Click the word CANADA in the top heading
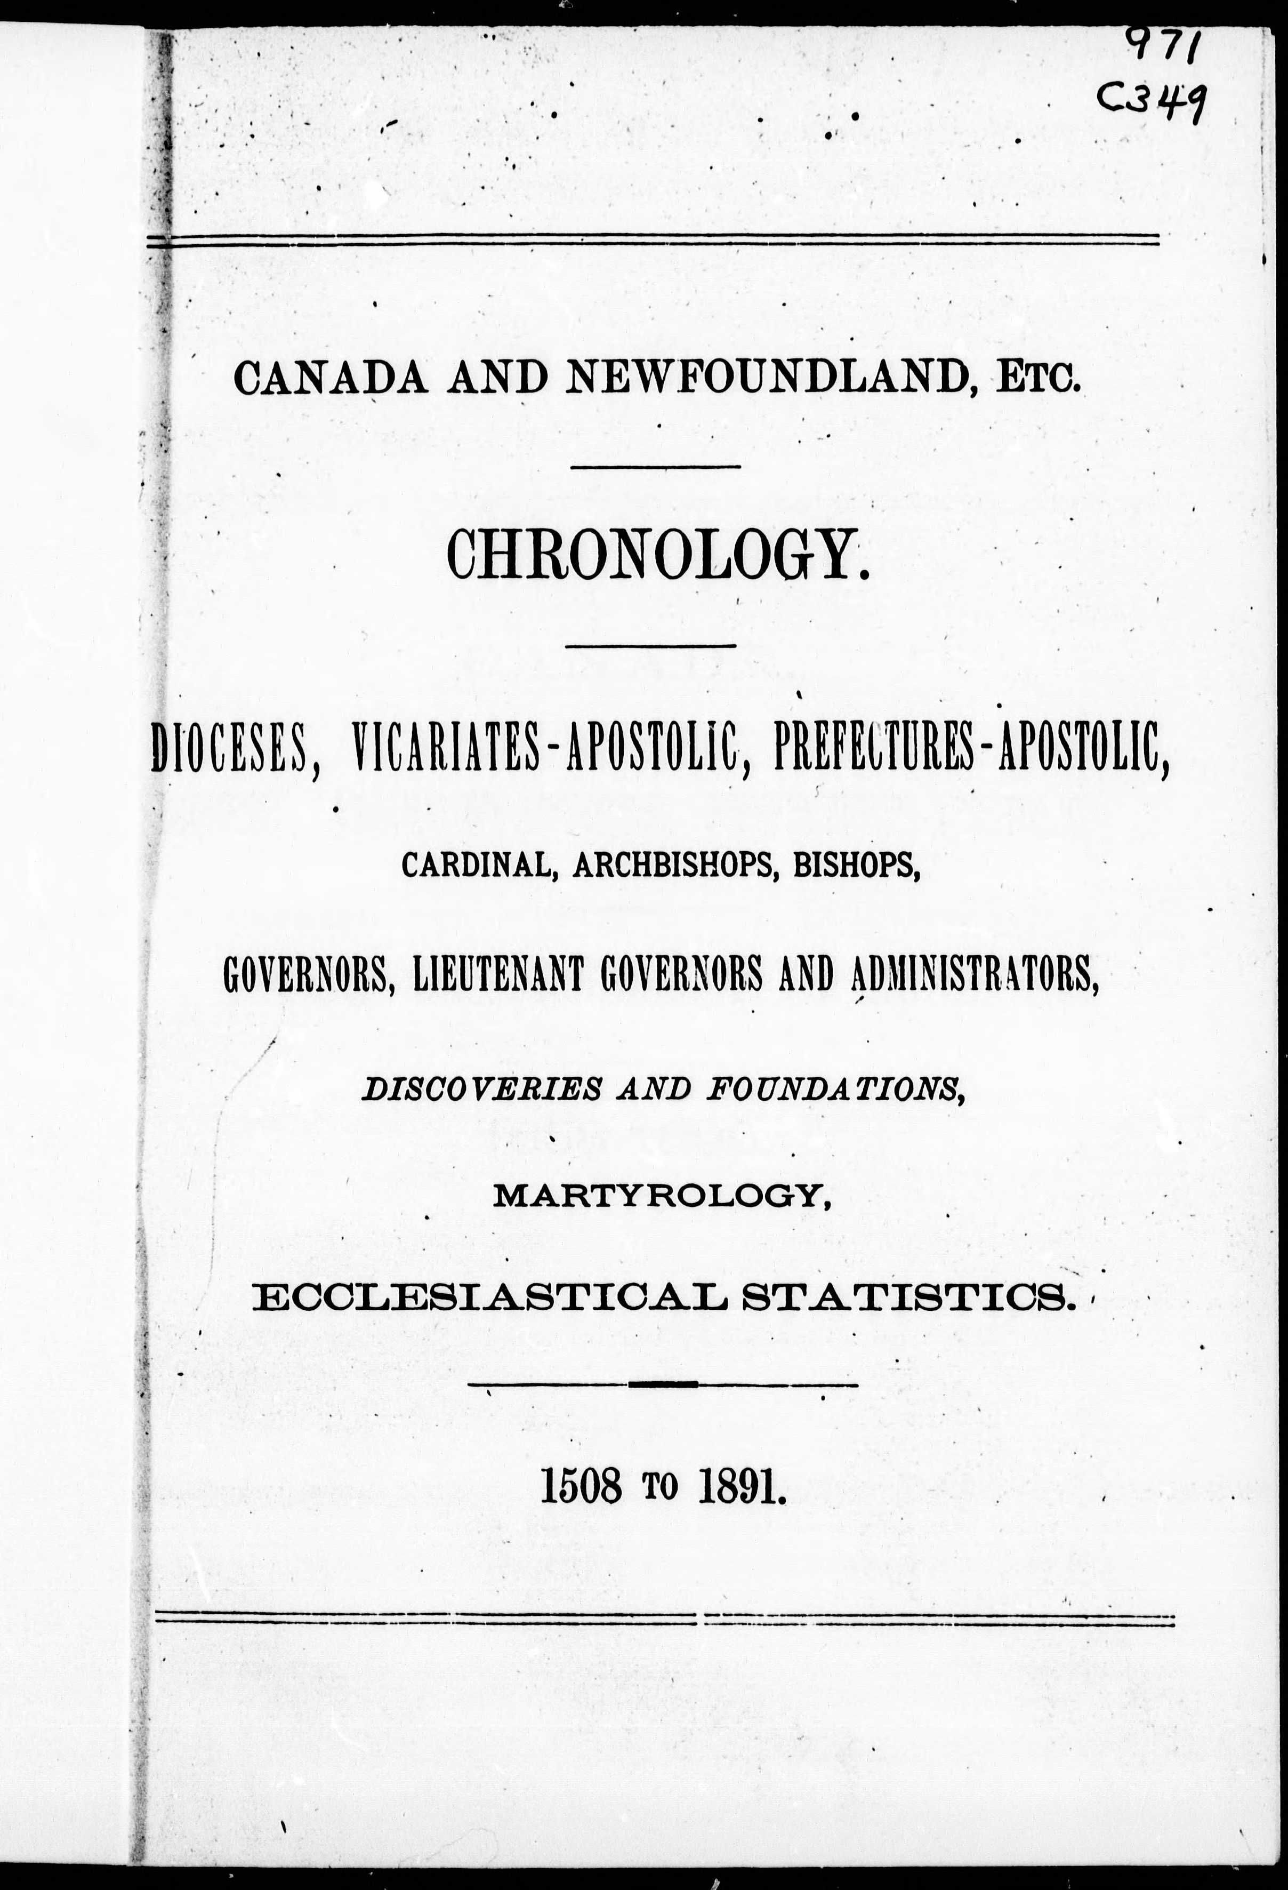tap(330, 378)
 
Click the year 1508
tap(582, 1489)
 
